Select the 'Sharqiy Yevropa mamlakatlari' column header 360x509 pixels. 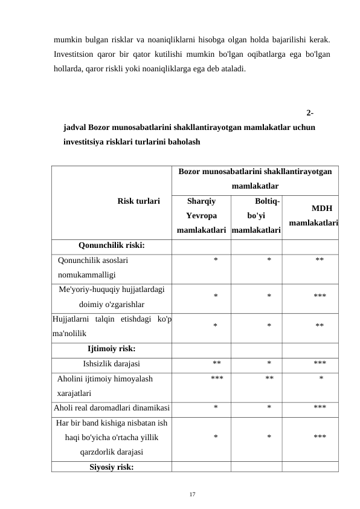tap(201, 215)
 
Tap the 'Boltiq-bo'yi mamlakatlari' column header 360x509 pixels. tap(256, 215)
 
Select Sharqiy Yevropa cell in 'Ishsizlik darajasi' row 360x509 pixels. tap(216, 364)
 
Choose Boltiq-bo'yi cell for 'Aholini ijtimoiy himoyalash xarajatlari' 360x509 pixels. tap(269, 379)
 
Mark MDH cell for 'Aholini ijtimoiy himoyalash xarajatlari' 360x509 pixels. tap(321, 379)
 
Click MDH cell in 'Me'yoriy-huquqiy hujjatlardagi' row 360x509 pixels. tap(320, 296)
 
